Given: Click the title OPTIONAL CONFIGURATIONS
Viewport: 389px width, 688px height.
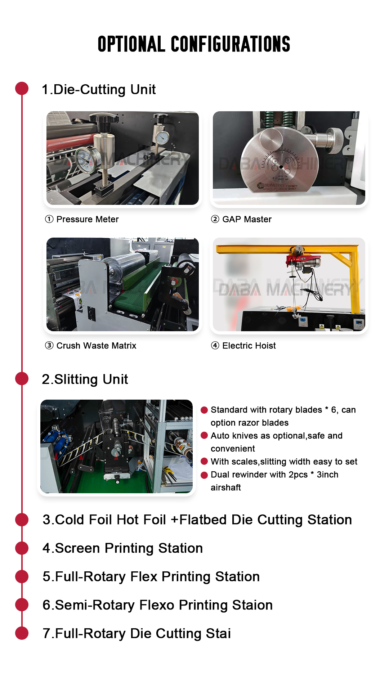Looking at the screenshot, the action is click(x=194, y=44).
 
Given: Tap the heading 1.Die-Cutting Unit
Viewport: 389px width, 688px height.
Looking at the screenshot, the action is click(x=99, y=89).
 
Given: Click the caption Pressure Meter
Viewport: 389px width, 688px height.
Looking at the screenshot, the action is click(x=88, y=219).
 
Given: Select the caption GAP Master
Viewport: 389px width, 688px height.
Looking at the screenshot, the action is click(x=247, y=219).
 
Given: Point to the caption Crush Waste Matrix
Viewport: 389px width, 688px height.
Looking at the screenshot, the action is click(x=96, y=346).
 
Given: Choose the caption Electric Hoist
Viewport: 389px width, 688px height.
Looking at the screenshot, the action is click(x=249, y=346).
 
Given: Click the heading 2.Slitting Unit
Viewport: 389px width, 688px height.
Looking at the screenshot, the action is click(x=85, y=379).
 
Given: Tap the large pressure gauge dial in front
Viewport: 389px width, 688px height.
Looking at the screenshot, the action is click(x=88, y=159).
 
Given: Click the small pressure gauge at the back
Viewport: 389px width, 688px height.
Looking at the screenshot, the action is click(x=163, y=137).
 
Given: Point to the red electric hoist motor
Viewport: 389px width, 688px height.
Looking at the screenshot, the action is click(x=304, y=261).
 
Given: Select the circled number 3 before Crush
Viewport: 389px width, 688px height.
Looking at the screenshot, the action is click(x=49, y=346).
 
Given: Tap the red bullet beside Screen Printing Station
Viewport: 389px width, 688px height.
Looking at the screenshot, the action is click(x=22, y=548).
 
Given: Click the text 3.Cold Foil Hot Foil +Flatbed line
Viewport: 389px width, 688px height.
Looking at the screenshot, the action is click(x=197, y=520).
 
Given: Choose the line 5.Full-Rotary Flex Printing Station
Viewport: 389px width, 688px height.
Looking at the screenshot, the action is click(x=151, y=577).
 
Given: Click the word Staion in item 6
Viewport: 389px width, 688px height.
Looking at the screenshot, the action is click(x=252, y=605).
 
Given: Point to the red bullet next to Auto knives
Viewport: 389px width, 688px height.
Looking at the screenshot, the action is click(x=204, y=436).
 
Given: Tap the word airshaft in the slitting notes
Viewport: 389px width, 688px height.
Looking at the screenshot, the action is click(x=226, y=487).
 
